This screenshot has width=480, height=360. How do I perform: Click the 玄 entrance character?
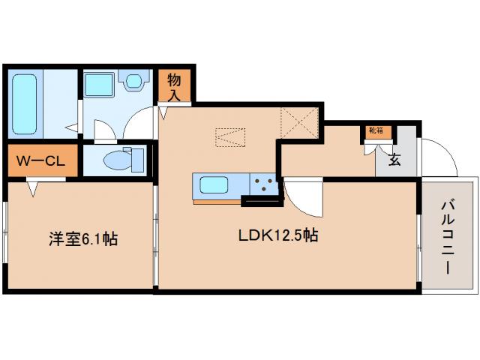(394, 158)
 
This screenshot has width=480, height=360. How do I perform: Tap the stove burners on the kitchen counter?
(264, 183)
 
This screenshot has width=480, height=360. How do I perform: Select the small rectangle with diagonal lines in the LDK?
(230, 137)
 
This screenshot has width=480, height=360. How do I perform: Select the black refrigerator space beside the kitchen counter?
(260, 199)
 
